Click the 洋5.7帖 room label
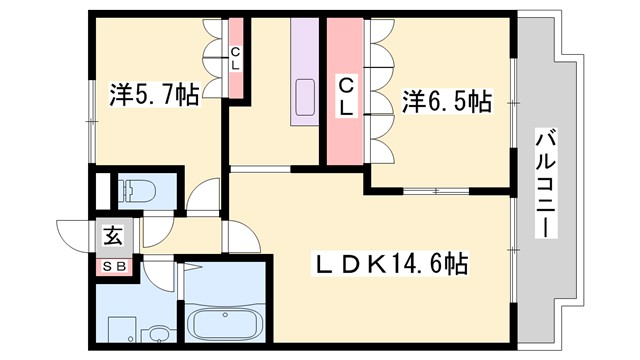[x=153, y=96]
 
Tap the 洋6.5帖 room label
[x=447, y=101]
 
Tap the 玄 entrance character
[x=113, y=238]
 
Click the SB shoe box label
[x=112, y=266]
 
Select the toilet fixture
[x=135, y=190]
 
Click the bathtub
[x=225, y=325]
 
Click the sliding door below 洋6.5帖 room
[x=436, y=190]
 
